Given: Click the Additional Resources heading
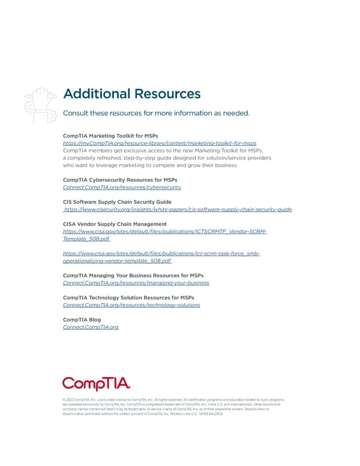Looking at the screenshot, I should click(x=131, y=94).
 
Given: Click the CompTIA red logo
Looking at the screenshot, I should click(x=97, y=383).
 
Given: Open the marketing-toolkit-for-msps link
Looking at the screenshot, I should click(x=160, y=143).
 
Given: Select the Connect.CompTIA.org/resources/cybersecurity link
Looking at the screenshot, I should click(x=122, y=187).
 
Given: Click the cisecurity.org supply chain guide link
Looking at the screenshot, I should click(x=178, y=210).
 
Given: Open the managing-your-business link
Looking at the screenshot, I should click(x=136, y=282).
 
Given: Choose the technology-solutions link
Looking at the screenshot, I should click(x=131, y=305).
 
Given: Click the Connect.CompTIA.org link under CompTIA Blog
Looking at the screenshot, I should click(x=91, y=327).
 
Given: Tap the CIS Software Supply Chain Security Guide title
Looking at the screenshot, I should click(x=117, y=202).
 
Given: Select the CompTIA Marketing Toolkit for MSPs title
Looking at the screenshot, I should click(x=110, y=136).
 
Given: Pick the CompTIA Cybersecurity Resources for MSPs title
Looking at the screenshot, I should click(x=120, y=180).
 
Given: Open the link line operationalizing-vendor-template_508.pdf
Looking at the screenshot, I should click(x=117, y=261).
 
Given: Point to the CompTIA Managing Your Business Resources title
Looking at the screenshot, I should click(x=133, y=275).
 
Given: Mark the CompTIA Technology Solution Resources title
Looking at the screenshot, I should click(x=128, y=297).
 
